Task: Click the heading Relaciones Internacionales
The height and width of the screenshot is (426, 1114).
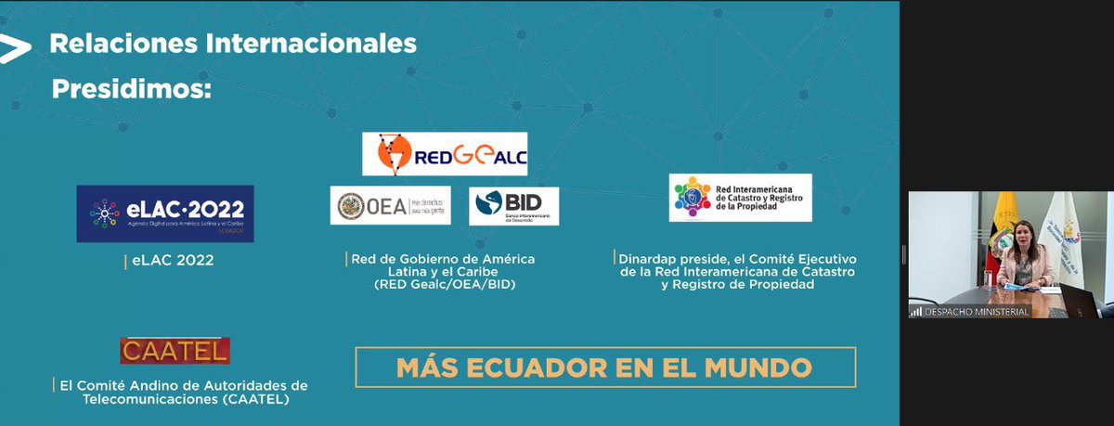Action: pos(233,44)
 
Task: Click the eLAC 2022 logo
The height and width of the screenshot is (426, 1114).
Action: pos(165,213)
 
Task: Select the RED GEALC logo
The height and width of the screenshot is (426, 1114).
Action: pos(445,154)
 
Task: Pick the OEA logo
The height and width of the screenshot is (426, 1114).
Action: pos(390,206)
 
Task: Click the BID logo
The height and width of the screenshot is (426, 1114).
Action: pos(513,206)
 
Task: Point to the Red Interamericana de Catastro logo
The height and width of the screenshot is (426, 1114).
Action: pos(740,198)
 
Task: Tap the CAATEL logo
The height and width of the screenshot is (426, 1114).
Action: pos(175,351)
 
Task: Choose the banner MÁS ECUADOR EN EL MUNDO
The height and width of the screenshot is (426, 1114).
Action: pos(604,368)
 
